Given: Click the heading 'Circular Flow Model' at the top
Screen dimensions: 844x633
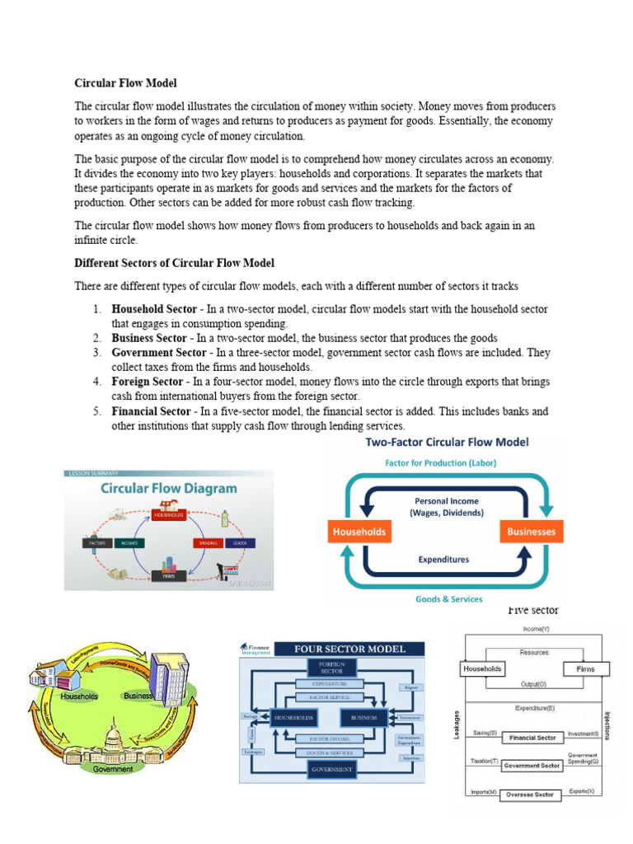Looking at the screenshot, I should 125,83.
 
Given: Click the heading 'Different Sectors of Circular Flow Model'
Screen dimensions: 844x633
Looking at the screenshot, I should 174,263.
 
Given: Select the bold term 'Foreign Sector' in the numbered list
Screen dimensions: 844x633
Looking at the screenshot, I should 148,382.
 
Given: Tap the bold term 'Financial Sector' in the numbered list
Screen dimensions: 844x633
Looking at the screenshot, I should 152,411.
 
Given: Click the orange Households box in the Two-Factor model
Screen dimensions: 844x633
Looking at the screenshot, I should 359,532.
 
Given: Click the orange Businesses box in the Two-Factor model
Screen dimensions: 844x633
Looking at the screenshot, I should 531,532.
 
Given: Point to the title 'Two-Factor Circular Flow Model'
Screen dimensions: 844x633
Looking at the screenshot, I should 448,443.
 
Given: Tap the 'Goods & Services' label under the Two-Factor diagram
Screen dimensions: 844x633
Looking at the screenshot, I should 449,599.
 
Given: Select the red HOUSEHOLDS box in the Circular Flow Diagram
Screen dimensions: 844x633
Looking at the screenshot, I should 168,515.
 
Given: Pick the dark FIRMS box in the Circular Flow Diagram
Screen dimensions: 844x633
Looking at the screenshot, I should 169,577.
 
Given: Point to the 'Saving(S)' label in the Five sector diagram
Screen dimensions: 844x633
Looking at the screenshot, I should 482,733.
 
